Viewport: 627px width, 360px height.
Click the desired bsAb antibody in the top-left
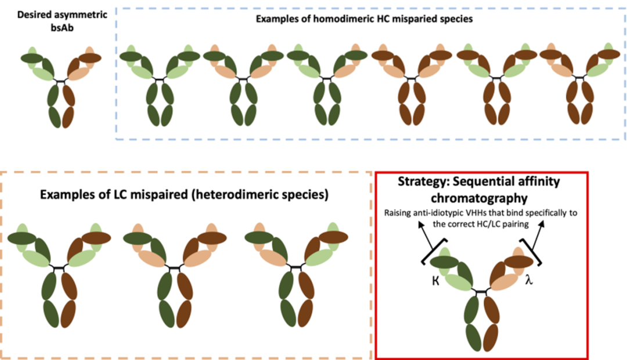[61, 84]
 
